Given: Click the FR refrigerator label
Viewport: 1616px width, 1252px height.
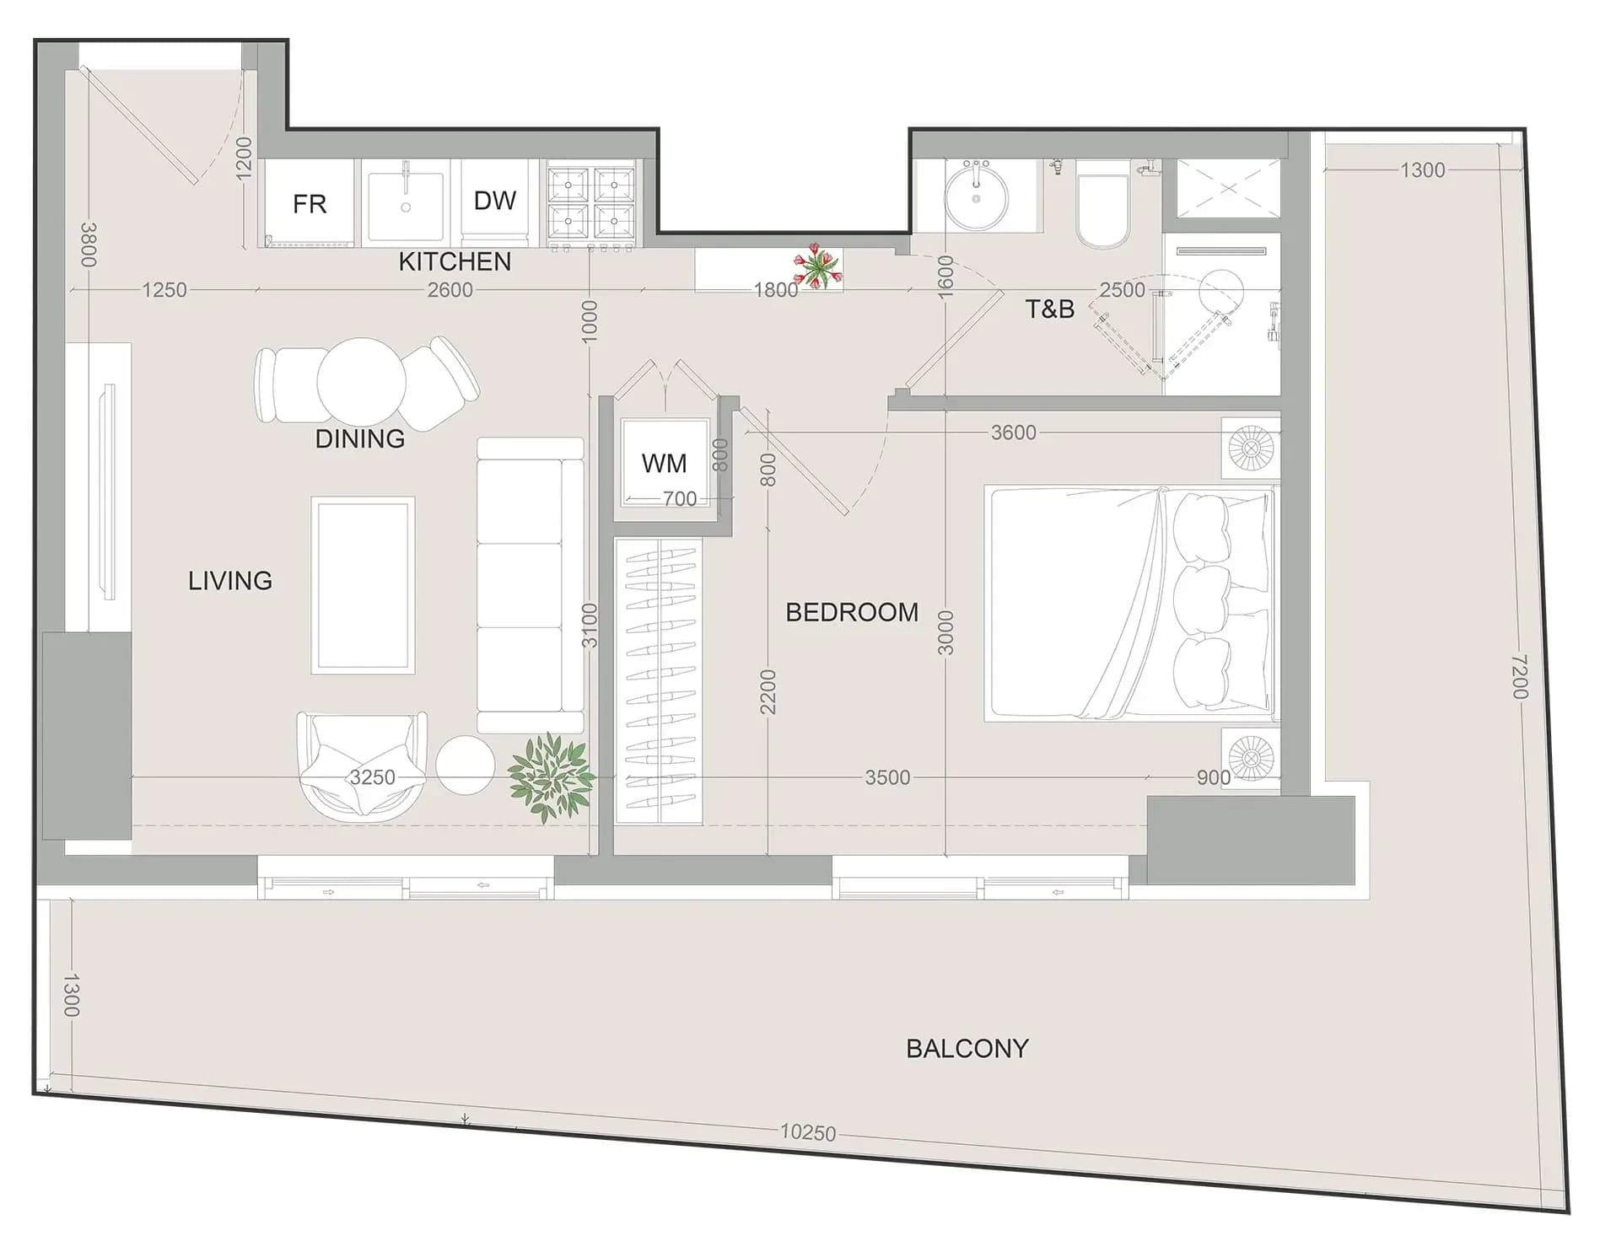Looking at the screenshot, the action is (x=310, y=204).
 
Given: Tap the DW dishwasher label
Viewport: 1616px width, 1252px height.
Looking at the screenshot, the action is (x=495, y=201).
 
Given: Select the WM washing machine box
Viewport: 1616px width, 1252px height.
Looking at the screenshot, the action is (x=665, y=463).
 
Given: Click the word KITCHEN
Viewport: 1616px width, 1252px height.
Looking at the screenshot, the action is (x=455, y=261).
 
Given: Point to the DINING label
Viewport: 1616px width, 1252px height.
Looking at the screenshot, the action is (x=360, y=438).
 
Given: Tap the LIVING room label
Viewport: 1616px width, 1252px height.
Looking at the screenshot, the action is (x=230, y=580).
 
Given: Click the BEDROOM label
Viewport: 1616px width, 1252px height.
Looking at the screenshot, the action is (x=852, y=612).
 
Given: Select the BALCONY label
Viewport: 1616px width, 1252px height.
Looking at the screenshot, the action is (x=967, y=1048).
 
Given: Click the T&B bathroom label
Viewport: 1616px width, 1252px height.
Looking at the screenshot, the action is (x=1050, y=309).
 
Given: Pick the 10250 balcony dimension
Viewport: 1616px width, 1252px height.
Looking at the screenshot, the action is (x=808, y=1132).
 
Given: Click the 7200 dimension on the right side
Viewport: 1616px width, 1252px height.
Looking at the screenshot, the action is (x=1520, y=676).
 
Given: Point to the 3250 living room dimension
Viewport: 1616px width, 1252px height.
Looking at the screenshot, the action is (x=373, y=776).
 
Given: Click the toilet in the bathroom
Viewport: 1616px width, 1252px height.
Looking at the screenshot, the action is (x=1102, y=206).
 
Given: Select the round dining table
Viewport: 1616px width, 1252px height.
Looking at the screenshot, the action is (x=361, y=382).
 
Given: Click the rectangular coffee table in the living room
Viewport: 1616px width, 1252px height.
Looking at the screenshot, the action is (x=363, y=585).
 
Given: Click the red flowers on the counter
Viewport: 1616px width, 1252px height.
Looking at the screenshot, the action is (x=817, y=266).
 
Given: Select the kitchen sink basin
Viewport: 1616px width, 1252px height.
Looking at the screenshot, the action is (x=406, y=202).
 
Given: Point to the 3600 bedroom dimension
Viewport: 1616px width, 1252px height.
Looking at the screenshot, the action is (x=1013, y=433).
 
